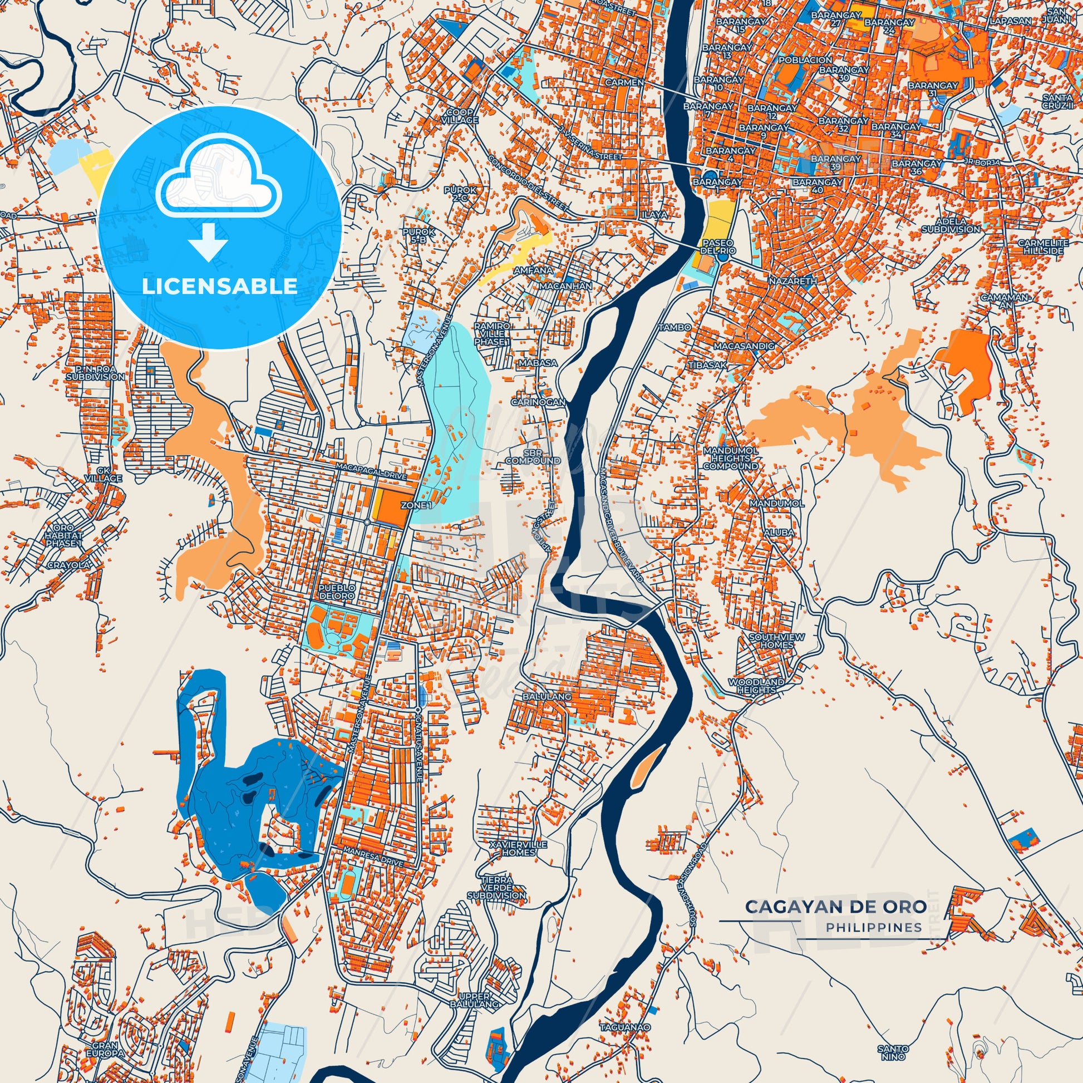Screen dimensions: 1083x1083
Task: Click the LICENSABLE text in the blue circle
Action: coord(219,287)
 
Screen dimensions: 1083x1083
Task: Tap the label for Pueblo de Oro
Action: coord(336,592)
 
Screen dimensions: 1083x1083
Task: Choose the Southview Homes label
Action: coord(776,641)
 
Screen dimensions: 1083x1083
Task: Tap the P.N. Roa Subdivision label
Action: coord(95,373)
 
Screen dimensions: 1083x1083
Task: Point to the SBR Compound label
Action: coord(533,457)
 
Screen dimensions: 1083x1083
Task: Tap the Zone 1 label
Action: coord(416,505)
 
